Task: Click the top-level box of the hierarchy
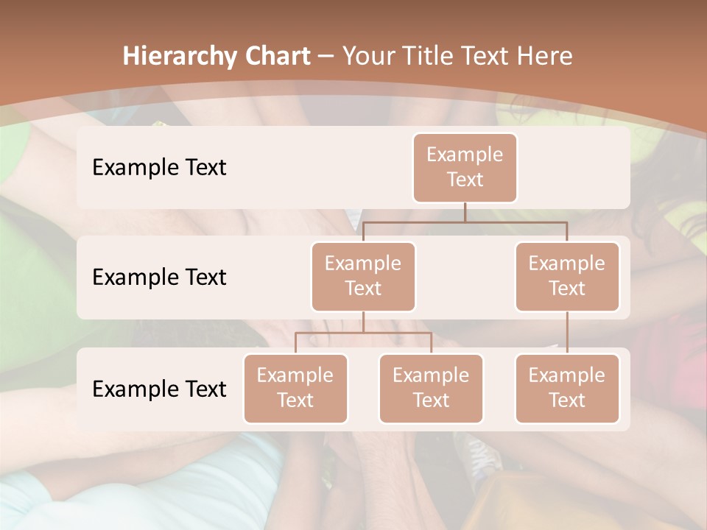pyautogui.click(x=465, y=167)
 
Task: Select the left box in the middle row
pyautogui.click(x=363, y=276)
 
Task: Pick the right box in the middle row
pyautogui.click(x=567, y=276)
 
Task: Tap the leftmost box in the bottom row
pyautogui.click(x=295, y=388)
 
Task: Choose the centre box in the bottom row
pyautogui.click(x=431, y=388)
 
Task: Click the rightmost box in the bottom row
pyautogui.click(x=567, y=388)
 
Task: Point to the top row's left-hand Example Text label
pyautogui.click(x=159, y=167)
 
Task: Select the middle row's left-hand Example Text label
pyautogui.click(x=159, y=277)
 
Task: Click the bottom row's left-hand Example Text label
pyautogui.click(x=159, y=389)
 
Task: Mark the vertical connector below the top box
pyautogui.click(x=465, y=212)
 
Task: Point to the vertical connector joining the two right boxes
pyautogui.click(x=567, y=333)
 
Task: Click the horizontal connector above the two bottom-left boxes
pyautogui.click(x=363, y=333)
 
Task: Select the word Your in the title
pyautogui.click(x=366, y=56)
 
